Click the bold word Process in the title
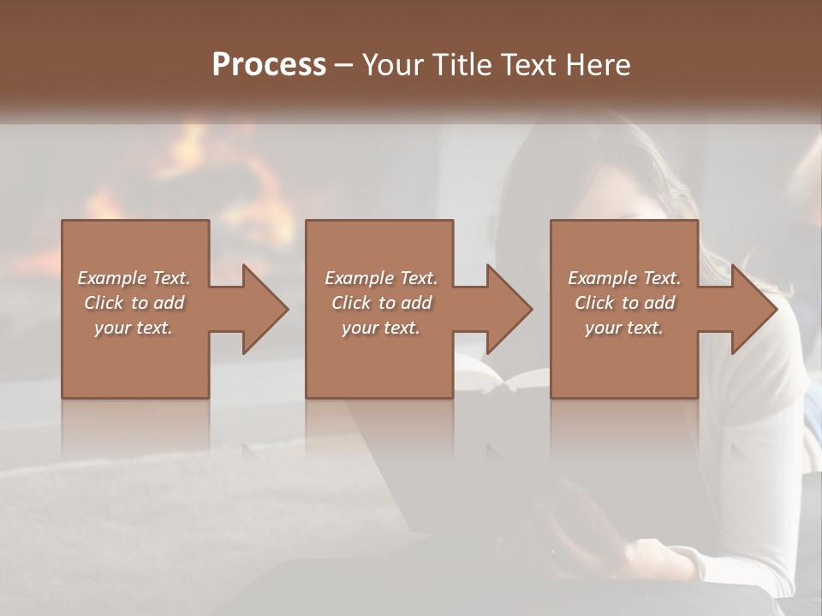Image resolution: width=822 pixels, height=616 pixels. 269,65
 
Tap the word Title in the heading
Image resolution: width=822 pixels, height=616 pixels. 456,65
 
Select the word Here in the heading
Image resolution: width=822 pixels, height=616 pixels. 599,65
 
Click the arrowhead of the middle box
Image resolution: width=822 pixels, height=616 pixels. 509,309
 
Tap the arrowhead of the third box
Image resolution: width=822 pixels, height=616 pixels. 753,309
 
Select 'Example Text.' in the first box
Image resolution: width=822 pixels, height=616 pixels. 134,278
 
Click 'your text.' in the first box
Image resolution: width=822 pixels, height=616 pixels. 134,328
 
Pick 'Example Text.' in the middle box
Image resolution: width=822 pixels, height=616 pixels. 380,278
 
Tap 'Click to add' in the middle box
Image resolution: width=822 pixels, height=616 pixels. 380,303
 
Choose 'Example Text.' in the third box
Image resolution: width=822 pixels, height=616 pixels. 624,278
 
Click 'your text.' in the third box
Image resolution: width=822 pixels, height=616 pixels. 624,328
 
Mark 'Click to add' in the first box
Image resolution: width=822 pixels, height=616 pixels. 134,303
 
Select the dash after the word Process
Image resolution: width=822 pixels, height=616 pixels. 344,65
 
